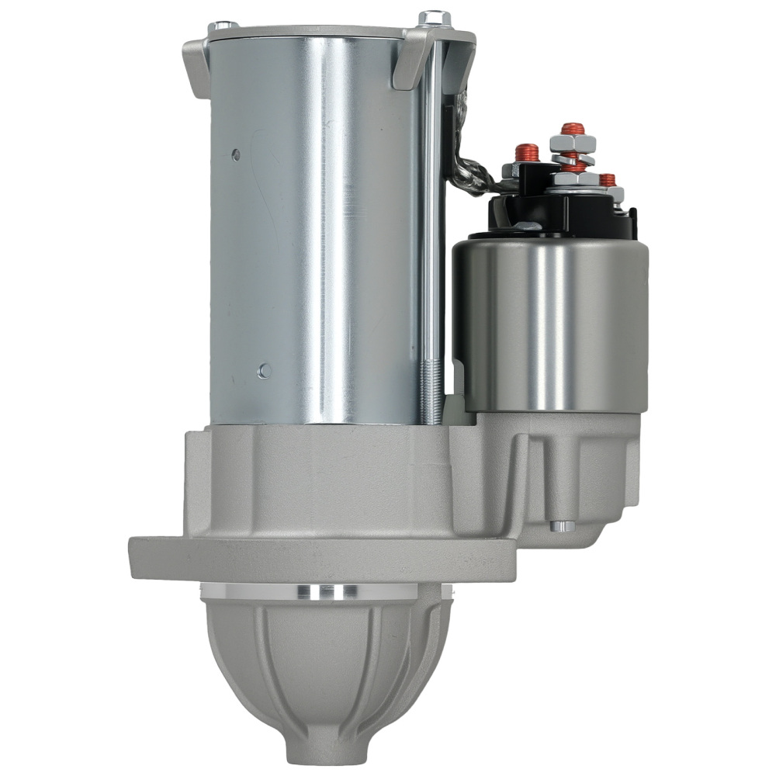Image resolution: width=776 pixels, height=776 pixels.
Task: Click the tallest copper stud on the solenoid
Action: pos(573,129)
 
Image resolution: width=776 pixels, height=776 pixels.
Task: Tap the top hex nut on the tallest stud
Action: pos(573,144)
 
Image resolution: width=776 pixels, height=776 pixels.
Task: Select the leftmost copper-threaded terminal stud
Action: pos(527,152)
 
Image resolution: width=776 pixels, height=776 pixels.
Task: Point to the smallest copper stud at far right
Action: pos(608,180)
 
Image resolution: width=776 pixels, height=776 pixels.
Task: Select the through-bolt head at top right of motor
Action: pos(435,18)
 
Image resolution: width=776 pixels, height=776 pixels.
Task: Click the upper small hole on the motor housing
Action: pos(237,155)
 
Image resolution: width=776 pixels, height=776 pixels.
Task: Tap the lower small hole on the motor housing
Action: pos(265,371)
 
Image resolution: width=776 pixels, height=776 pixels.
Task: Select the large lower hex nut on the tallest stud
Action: pos(574,179)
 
